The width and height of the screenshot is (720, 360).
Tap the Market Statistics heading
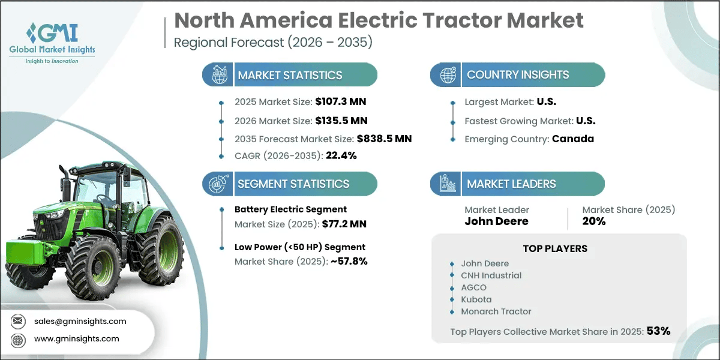pyautogui.click(x=290, y=75)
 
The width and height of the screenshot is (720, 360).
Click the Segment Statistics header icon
pyautogui.click(x=218, y=184)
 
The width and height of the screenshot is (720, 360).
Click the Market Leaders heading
pyautogui.click(x=511, y=184)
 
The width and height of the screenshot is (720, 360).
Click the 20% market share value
pyautogui.click(x=594, y=221)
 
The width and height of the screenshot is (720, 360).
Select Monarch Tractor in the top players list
pyautogui.click(x=496, y=311)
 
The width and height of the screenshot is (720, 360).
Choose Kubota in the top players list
pyautogui.click(x=475, y=299)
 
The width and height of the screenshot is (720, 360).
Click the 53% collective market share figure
pyautogui.click(x=658, y=331)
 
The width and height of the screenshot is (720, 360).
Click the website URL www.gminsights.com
pyautogui.click(x=77, y=339)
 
